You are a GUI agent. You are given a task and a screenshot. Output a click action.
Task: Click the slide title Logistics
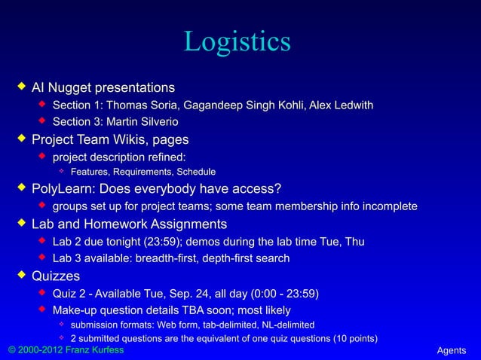point(237,41)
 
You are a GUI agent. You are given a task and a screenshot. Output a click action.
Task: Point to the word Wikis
point(131,139)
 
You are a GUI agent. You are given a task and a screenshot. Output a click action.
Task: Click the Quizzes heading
point(55,276)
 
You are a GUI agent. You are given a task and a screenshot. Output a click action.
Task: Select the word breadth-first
point(170,258)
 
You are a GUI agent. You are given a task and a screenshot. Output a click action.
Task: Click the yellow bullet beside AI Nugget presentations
point(22,89)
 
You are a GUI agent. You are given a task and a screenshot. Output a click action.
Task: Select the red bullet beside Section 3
point(43,121)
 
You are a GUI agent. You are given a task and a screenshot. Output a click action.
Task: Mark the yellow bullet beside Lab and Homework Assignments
point(22,224)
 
